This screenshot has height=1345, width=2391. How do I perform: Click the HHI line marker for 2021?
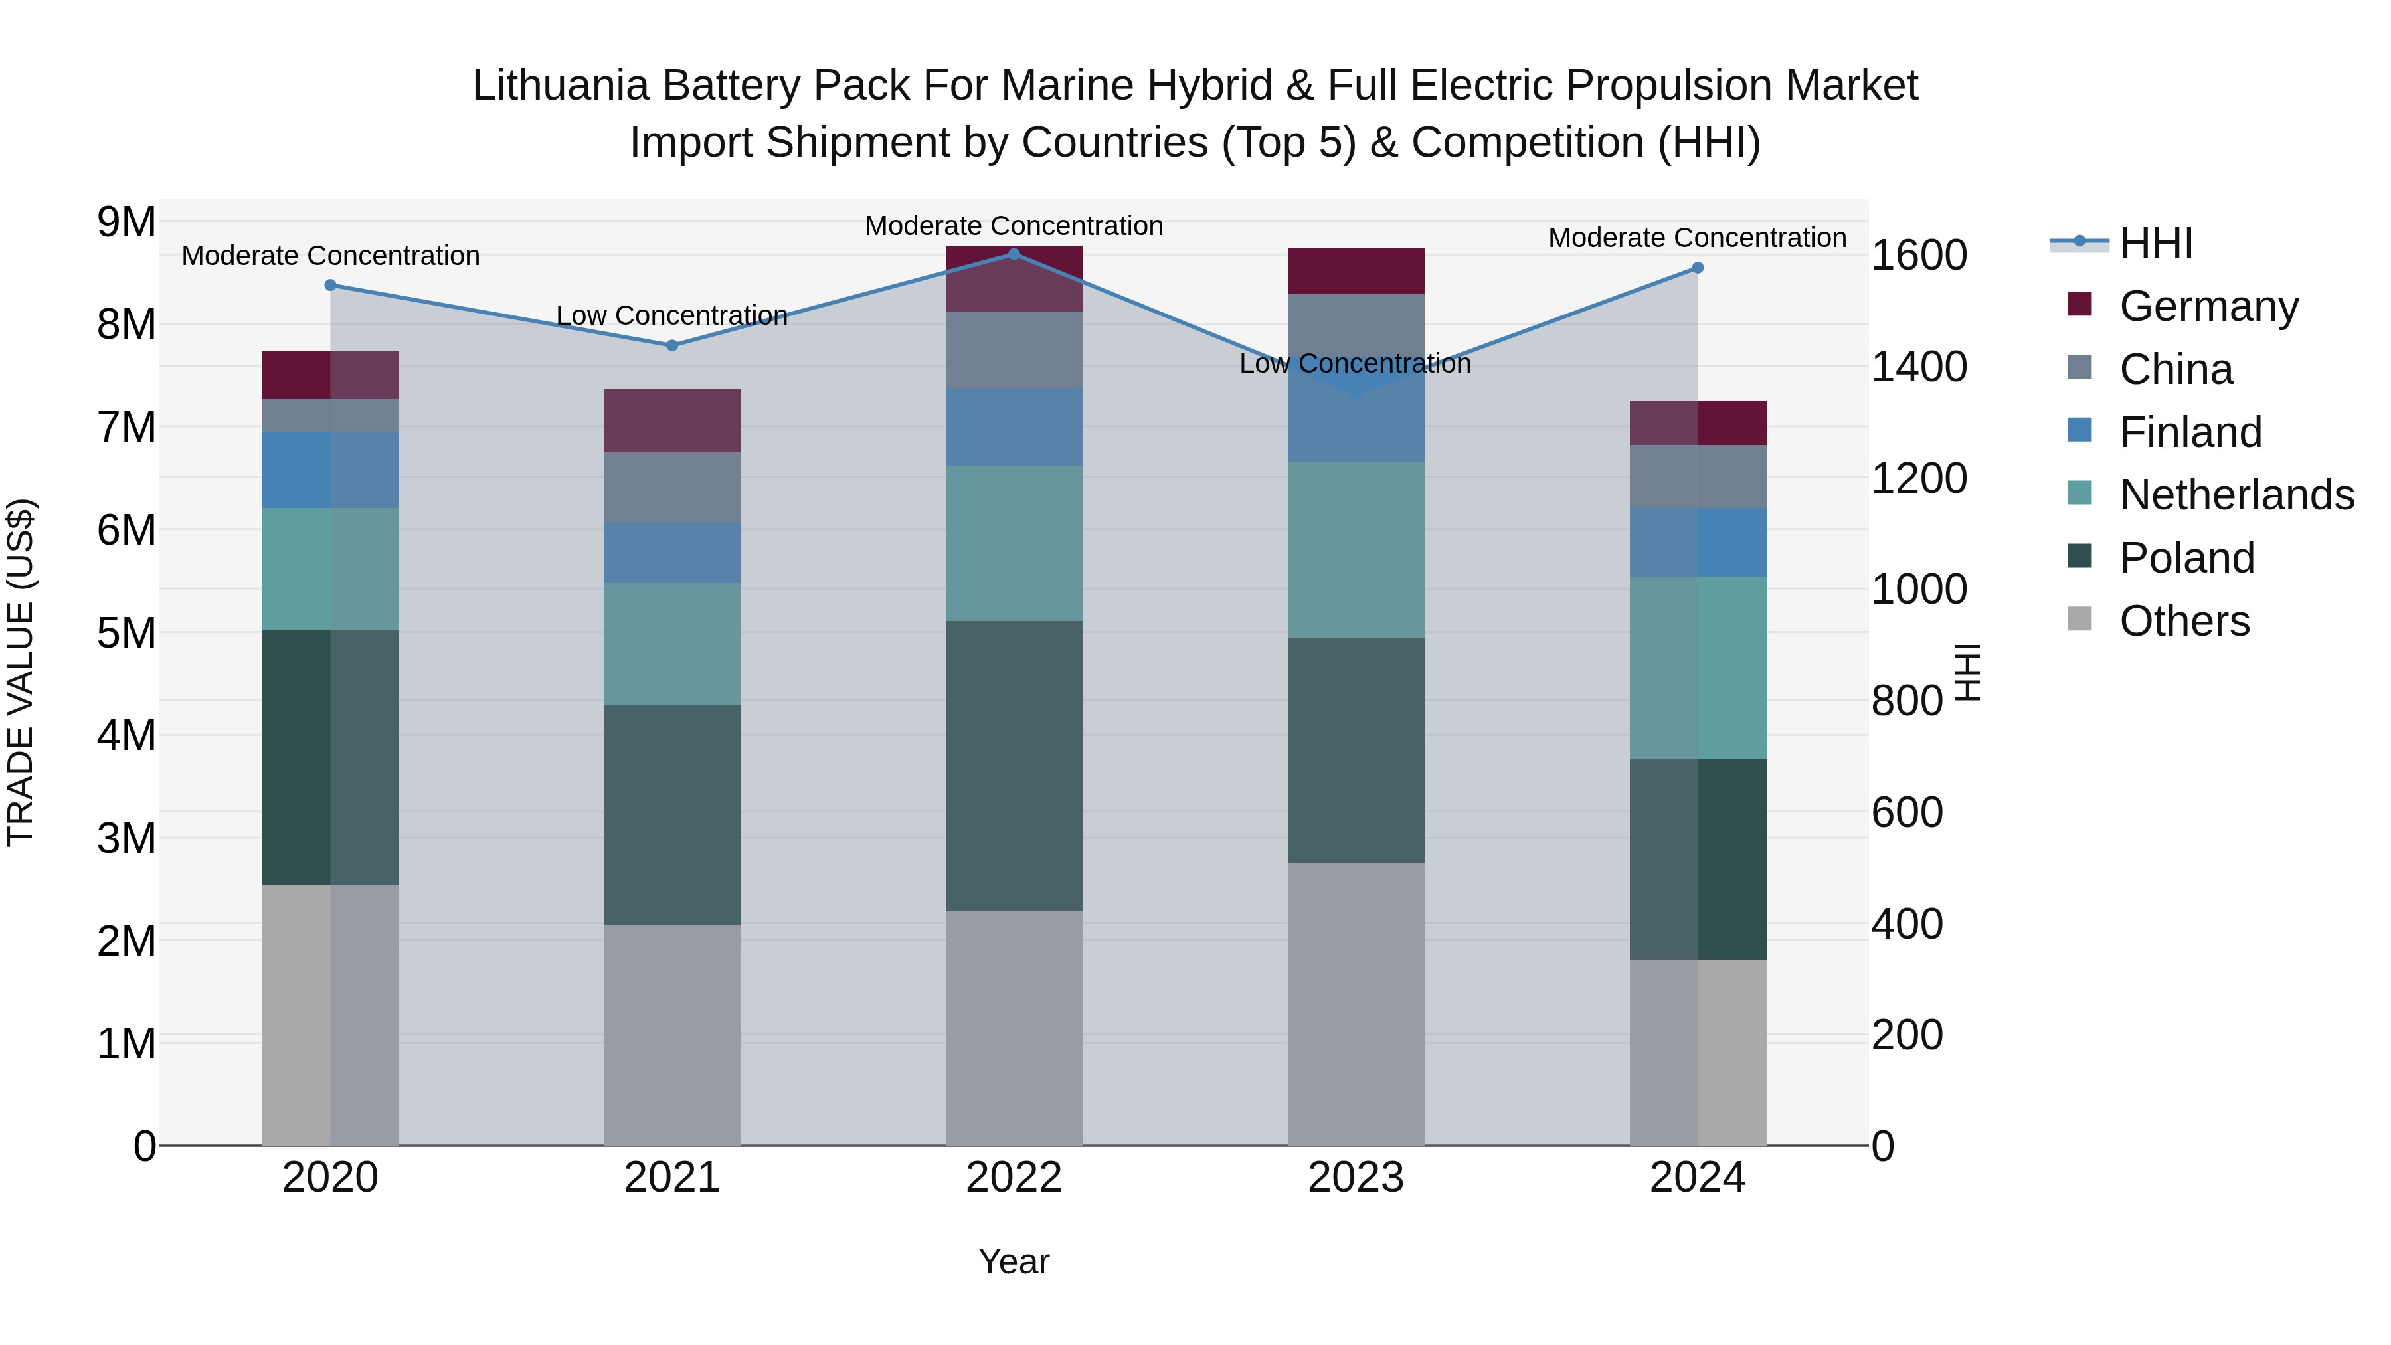pyautogui.click(x=672, y=345)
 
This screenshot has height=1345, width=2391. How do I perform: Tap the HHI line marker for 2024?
pyautogui.click(x=1698, y=267)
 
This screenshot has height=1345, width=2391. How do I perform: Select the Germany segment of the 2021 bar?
pyautogui.click(x=672, y=420)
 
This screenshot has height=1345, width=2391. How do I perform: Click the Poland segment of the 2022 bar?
pyautogui.click(x=1014, y=766)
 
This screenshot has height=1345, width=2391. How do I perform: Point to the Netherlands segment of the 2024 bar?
pyautogui.click(x=1698, y=668)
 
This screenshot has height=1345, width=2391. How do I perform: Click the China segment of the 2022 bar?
pyautogui.click(x=1014, y=350)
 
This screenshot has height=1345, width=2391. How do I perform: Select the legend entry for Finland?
pyautogui.click(x=2190, y=432)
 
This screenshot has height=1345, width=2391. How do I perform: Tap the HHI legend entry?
pyautogui.click(x=2155, y=243)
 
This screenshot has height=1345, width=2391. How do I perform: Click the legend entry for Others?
pyautogui.click(x=2184, y=621)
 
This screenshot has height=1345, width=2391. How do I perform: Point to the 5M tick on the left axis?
pyautogui.click(x=126, y=633)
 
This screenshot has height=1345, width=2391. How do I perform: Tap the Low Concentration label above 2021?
pyautogui.click(x=672, y=315)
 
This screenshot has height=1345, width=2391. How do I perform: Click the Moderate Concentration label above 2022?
pyautogui.click(x=1014, y=226)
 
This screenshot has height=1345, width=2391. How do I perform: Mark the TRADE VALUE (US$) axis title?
pyautogui.click(x=21, y=672)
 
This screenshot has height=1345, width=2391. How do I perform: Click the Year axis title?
pyautogui.click(x=1014, y=1261)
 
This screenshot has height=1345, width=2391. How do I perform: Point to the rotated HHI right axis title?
pyautogui.click(x=1967, y=672)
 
